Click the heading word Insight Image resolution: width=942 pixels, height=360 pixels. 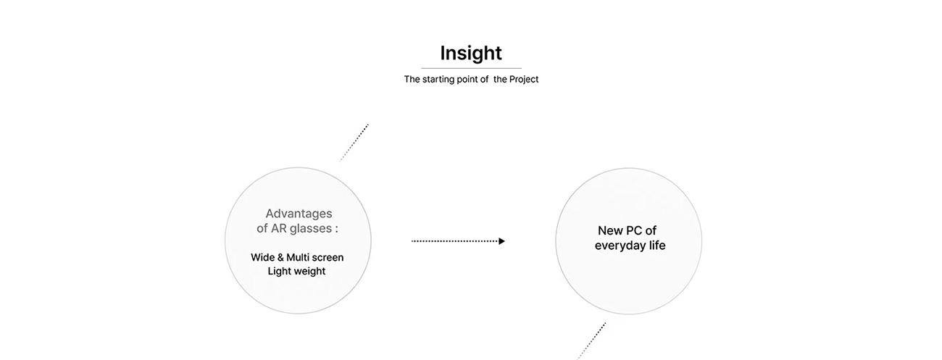coord(471,53)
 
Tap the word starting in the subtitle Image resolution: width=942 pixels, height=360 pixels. coord(441,80)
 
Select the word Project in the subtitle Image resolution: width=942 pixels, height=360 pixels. coord(524,80)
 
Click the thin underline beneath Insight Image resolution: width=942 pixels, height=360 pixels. coord(471,68)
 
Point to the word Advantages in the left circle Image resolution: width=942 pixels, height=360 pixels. coord(299,214)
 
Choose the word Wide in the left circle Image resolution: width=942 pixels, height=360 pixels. coord(262,257)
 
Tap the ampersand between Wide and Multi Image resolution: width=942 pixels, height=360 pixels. coord(280,257)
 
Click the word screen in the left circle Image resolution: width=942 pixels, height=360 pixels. coord(328,257)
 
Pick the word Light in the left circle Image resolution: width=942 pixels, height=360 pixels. coord(280,272)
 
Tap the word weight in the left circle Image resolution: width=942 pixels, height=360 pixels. coord(310,272)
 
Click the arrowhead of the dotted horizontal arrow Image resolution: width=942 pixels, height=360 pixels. coord(501,241)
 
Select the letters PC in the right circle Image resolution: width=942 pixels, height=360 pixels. coord(634,231)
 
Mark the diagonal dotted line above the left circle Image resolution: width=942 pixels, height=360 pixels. coord(354,142)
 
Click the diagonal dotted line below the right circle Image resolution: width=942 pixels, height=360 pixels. coord(591,340)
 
